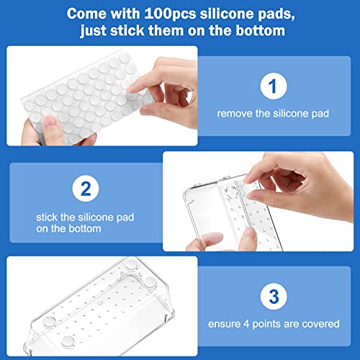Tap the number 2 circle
[86, 189]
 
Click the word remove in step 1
[233, 113]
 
